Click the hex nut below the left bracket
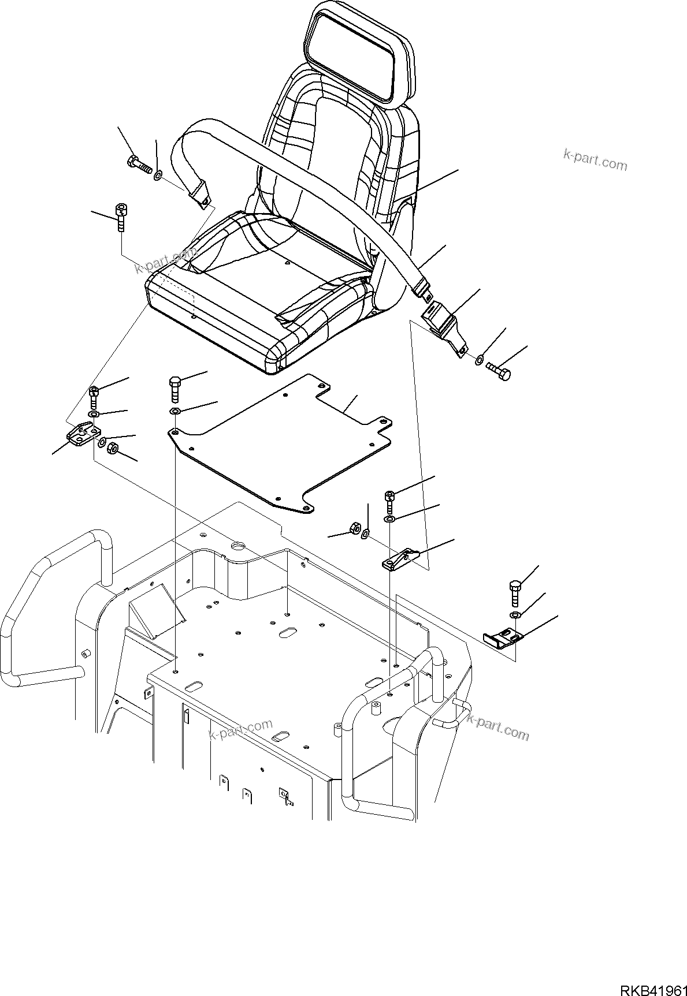[114, 447]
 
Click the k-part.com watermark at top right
[595, 160]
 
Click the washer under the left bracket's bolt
[93, 415]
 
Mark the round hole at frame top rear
[237, 545]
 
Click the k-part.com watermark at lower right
[497, 727]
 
